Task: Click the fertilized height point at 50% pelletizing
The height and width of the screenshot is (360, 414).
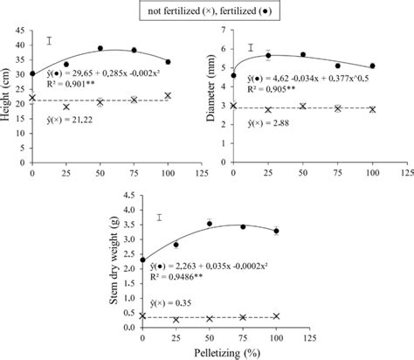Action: [x=100, y=48]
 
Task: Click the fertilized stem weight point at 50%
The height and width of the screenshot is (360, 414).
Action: [x=210, y=224]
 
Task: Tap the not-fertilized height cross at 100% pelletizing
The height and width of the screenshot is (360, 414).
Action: [x=168, y=95]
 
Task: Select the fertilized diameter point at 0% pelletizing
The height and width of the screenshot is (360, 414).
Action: [x=233, y=75]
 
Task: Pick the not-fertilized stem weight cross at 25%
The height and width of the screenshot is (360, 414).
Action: [x=176, y=318]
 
